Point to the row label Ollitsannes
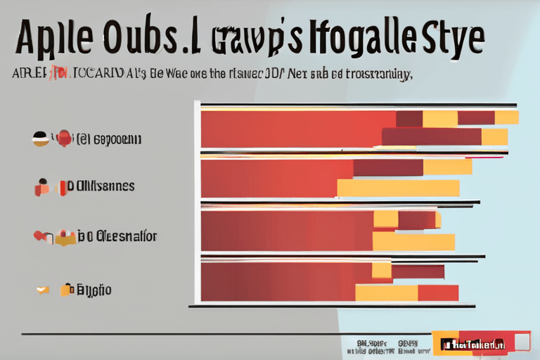point(103,186)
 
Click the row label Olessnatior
point(117,236)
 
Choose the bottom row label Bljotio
point(94,289)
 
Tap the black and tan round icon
point(40,138)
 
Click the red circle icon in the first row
point(65,138)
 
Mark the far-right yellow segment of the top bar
point(506,117)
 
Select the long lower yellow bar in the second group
point(398,188)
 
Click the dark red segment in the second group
point(387,167)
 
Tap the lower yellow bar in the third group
point(413,242)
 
